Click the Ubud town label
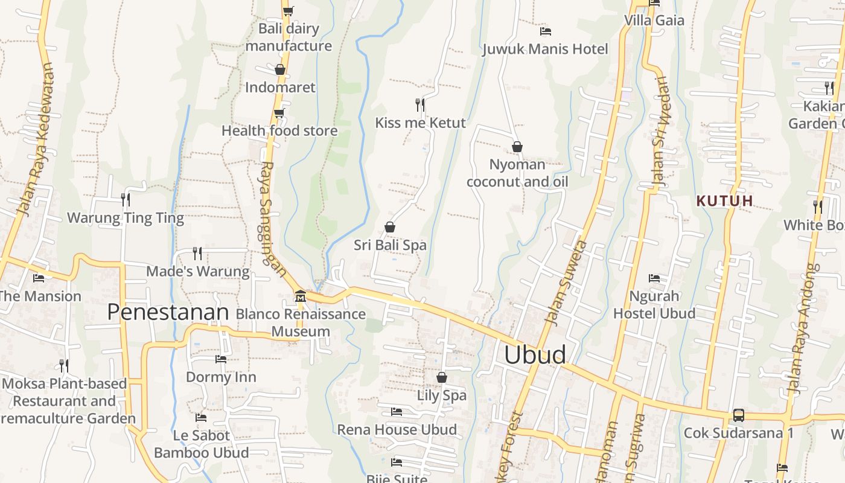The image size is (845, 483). click(535, 355)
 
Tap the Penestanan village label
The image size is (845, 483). click(168, 312)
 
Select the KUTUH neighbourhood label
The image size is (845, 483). click(724, 201)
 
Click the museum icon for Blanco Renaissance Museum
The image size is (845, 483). click(300, 296)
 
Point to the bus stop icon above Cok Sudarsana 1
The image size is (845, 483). click(738, 415)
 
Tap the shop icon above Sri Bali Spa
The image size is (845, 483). click(390, 227)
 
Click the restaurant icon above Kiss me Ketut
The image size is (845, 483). click(420, 104)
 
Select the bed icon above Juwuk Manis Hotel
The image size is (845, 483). click(545, 31)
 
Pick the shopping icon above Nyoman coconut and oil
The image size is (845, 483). click(517, 147)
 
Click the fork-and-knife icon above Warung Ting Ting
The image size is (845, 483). click(126, 199)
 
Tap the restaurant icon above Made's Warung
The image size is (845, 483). click(197, 253)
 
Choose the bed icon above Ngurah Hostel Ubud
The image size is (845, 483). click(654, 278)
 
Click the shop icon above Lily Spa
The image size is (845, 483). click(442, 377)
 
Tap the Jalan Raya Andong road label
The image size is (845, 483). click(805, 329)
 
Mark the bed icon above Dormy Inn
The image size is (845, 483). click(221, 359)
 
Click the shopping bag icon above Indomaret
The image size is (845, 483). click(279, 69)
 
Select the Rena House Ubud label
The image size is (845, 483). click(397, 430)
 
